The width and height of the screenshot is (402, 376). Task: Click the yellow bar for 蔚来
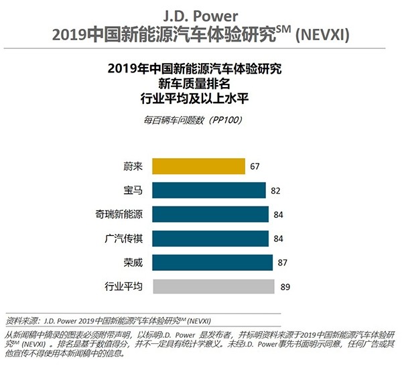point(198,166)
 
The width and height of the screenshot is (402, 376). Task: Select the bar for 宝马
point(209,190)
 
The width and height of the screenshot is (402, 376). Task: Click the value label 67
point(256,166)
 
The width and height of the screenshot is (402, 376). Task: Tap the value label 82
point(275,190)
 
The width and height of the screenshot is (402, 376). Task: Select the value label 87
point(282,262)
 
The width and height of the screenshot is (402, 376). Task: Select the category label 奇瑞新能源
point(119,214)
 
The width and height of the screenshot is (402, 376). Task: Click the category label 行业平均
point(124,286)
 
